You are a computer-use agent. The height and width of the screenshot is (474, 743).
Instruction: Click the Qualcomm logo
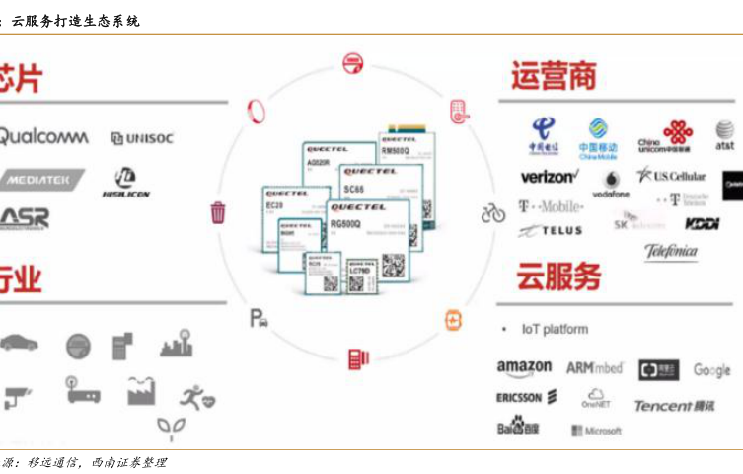point(43,136)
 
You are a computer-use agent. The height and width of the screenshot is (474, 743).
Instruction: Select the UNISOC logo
point(142,138)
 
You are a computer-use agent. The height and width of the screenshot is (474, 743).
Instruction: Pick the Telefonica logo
point(671,251)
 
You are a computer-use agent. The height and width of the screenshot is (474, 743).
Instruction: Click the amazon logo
point(524,368)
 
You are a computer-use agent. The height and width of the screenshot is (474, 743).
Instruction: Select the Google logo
point(711,370)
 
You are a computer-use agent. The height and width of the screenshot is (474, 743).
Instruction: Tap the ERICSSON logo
point(527,397)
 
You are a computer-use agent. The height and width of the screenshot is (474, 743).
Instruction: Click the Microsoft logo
point(596,431)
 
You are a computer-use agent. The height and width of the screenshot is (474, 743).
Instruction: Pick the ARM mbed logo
point(594,368)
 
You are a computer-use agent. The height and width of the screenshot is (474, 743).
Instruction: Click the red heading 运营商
point(554,77)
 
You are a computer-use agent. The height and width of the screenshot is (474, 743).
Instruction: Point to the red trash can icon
point(218,212)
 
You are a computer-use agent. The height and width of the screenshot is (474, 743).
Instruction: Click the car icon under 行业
point(20,343)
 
